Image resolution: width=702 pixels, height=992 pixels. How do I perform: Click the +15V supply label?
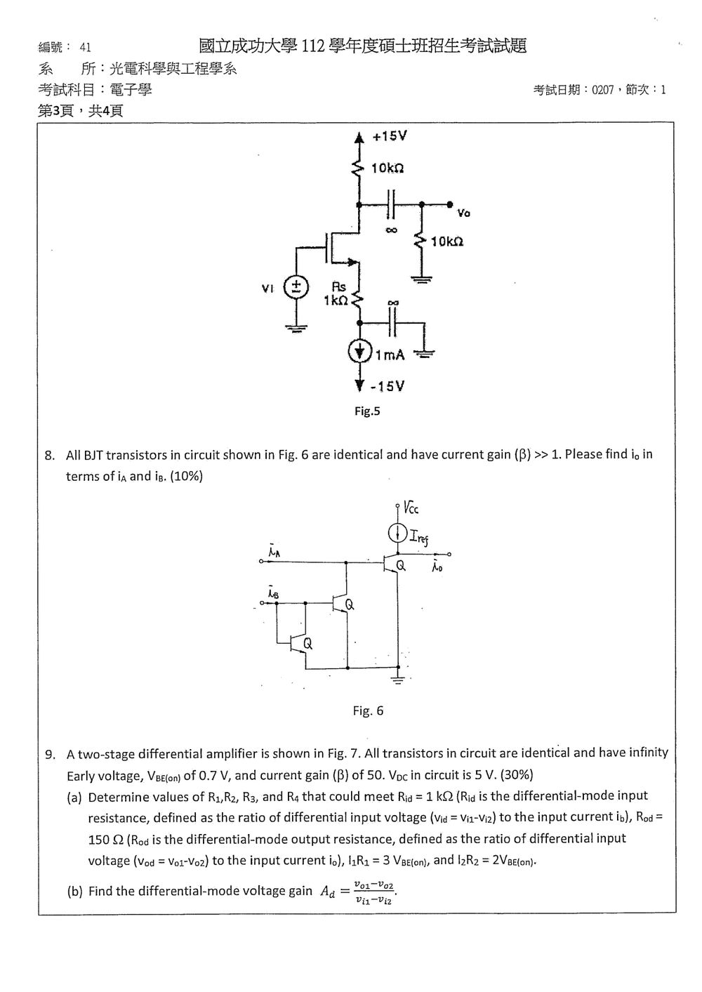coord(390,136)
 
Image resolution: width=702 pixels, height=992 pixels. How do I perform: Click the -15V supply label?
coord(387,386)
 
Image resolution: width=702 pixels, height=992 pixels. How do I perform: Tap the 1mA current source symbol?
coord(359,352)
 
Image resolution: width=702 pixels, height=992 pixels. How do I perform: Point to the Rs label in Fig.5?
coord(339,287)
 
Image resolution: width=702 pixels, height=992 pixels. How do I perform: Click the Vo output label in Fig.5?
coord(464,213)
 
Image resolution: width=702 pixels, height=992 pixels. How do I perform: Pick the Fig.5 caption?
coord(367,411)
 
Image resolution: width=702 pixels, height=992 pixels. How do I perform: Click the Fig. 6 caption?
coord(368,710)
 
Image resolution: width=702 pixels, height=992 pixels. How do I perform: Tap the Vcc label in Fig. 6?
coord(411,508)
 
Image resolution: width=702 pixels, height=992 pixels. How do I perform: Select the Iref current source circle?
coord(398,534)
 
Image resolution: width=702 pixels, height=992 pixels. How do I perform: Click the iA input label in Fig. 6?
coord(274,551)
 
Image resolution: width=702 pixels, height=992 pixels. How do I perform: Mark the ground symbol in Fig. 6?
coord(398,680)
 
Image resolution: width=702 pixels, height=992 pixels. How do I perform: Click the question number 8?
coord(50,455)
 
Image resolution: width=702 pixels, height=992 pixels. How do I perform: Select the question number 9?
coord(50,754)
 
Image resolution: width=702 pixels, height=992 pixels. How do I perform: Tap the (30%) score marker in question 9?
coord(517,774)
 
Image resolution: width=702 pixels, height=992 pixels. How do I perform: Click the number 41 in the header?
coord(86,47)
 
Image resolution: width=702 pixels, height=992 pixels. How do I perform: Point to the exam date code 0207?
coord(603,90)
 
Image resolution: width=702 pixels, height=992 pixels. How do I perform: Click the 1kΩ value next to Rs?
coord(336,300)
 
